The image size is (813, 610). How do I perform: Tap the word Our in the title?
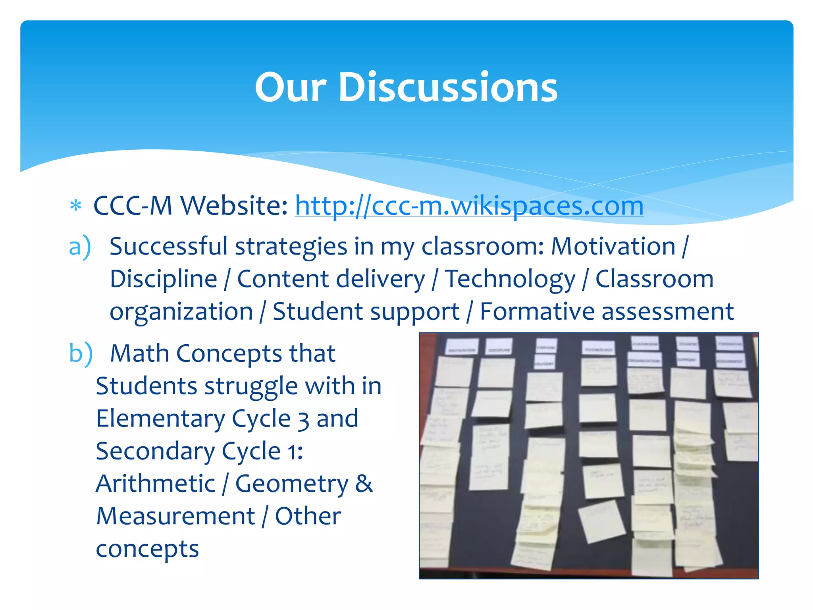point(291,87)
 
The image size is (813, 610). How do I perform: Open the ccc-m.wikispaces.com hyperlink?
point(469,206)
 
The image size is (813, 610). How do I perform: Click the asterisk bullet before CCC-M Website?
point(75,206)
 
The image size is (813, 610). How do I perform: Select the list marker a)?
point(80,247)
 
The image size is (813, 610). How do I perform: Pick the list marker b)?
point(81,353)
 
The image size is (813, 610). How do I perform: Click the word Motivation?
point(613,246)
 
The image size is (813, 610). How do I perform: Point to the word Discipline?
point(164,279)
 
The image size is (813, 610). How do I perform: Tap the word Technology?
point(510,279)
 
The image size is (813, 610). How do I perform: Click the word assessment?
point(667,311)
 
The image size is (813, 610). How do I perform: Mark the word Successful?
point(168,246)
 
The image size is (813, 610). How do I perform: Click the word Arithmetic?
point(156,483)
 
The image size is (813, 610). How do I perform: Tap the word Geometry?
point(292,484)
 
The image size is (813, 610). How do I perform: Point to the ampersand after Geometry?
point(364,483)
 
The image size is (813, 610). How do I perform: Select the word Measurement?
point(175,516)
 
